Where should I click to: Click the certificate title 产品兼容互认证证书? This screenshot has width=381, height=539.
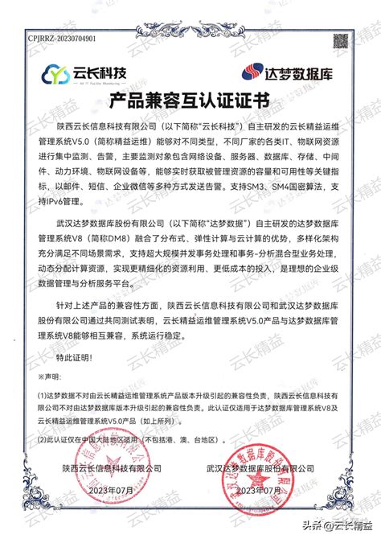[x=190, y=101]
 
